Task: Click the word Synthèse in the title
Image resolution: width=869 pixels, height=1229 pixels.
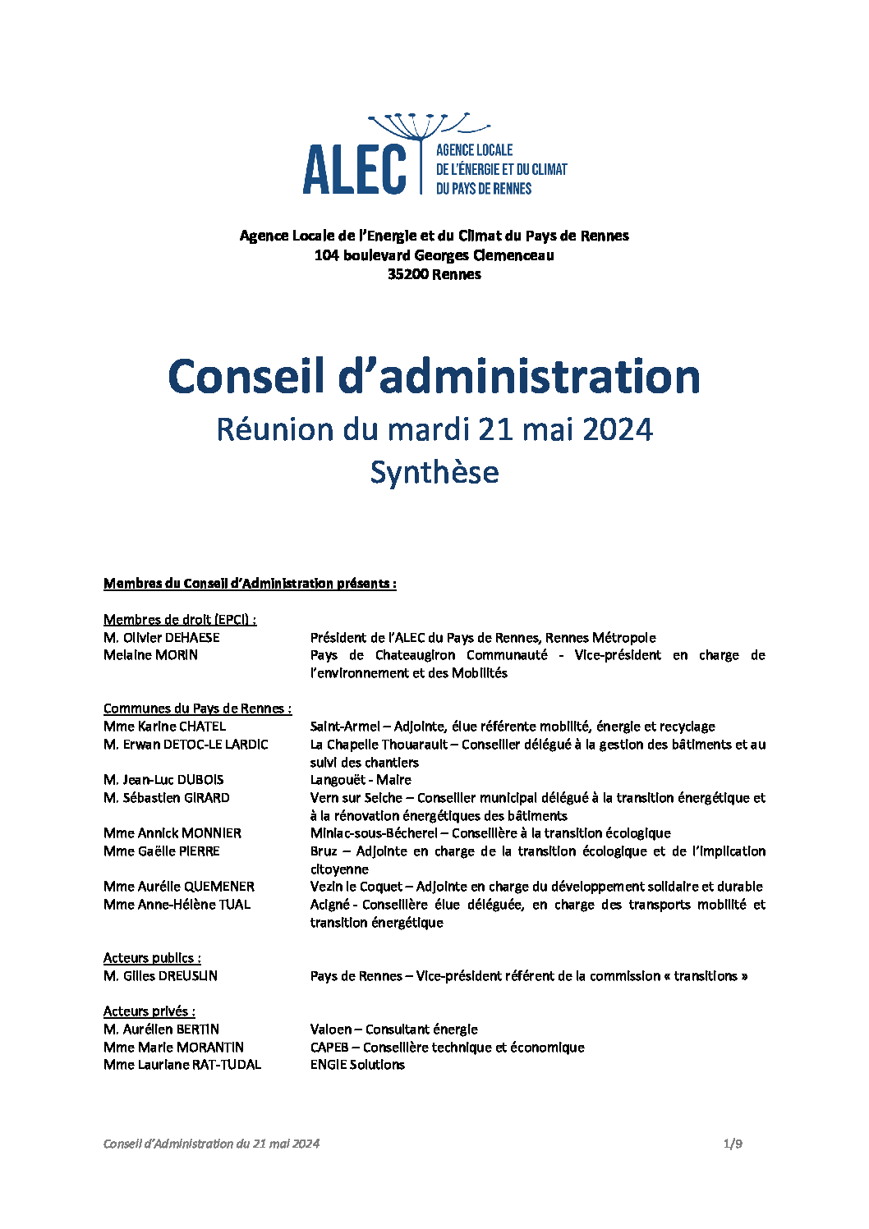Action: (x=434, y=472)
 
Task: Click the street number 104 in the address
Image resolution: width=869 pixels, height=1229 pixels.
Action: (x=326, y=255)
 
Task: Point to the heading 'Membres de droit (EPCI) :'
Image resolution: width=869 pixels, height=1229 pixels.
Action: (x=180, y=620)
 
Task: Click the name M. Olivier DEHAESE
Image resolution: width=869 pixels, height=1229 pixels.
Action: (x=162, y=638)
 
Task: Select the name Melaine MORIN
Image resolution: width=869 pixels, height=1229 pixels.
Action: (x=150, y=655)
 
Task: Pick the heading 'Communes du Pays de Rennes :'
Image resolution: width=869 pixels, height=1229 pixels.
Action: (x=197, y=709)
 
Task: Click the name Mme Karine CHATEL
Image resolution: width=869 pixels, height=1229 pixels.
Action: (x=164, y=727)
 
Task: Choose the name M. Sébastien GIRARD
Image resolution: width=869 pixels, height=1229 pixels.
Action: (x=167, y=798)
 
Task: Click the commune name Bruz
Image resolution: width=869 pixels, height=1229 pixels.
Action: (x=324, y=851)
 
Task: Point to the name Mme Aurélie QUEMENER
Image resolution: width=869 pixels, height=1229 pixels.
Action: (x=179, y=887)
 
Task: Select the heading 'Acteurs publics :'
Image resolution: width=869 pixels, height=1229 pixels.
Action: (x=152, y=958)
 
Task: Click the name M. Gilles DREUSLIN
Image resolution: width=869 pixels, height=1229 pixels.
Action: (x=161, y=976)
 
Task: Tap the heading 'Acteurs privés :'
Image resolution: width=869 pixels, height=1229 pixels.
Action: (x=149, y=1011)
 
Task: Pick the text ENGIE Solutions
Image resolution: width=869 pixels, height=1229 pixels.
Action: (x=357, y=1065)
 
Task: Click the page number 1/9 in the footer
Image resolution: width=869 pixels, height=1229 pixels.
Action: (x=733, y=1144)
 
